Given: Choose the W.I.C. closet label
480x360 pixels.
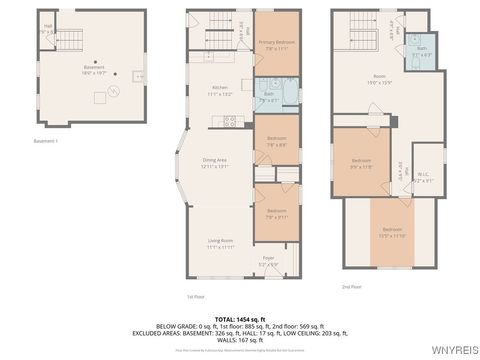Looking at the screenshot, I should [396, 179].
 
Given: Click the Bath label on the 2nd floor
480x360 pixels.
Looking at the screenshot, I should [421, 50].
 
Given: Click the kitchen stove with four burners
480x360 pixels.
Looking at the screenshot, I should [231, 122].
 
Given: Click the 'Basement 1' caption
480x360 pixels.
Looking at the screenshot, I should [46, 141].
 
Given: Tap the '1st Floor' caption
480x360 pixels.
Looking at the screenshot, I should [195, 296].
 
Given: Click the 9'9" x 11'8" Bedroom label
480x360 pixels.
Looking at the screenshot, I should [361, 163].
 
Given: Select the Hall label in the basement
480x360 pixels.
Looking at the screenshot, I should [48, 29].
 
